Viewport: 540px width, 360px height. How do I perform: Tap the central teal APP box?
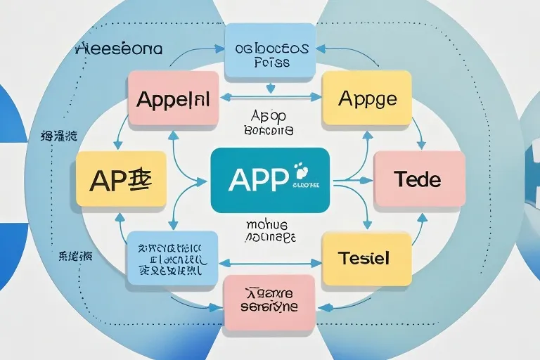270,180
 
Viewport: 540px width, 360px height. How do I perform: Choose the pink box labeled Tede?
418,179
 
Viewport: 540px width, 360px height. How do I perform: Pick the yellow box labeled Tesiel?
366,259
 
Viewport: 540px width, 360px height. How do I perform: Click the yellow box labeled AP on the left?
121,179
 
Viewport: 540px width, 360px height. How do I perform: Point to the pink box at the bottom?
269,302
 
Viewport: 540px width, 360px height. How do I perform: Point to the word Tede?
418,179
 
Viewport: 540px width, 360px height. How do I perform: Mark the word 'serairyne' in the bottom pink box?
269,308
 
